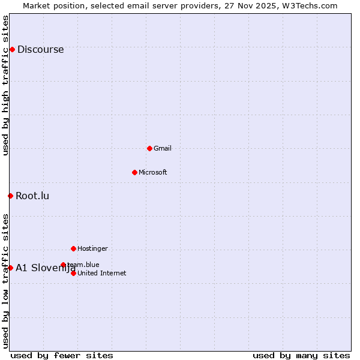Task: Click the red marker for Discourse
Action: tap(12, 49)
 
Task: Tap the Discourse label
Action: tap(40, 50)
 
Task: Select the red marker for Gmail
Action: tap(149, 148)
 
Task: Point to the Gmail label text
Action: tap(163, 149)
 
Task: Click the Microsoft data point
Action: tap(134, 172)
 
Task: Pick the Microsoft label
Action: tap(153, 173)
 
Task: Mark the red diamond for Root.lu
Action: tap(10, 196)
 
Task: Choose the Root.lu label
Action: tap(32, 196)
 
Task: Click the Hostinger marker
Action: tap(73, 248)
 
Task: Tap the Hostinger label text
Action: tap(92, 249)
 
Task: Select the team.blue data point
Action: tap(63, 265)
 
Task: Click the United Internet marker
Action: tap(73, 273)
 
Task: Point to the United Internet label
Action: tap(102, 274)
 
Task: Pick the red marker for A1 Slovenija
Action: tap(10, 268)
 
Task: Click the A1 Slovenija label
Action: tap(45, 268)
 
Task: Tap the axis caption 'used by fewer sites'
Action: tap(62, 356)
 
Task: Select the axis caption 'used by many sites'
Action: tap(301, 356)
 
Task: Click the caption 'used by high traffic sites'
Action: tap(6, 85)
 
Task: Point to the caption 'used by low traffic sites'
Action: tap(6, 281)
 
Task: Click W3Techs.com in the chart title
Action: tap(310, 6)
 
